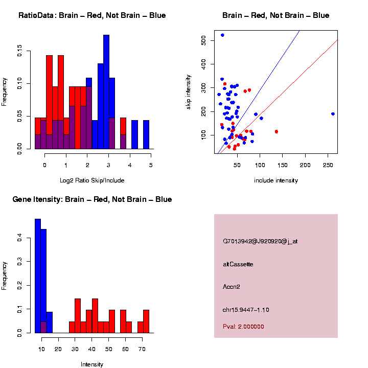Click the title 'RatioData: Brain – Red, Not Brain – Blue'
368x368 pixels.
[x=92, y=15]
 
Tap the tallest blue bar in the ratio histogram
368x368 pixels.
[x=106, y=92]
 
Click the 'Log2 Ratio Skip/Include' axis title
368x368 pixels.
[x=92, y=180]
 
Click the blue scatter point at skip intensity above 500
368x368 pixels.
[x=222, y=35]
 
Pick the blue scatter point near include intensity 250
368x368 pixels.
[x=333, y=114]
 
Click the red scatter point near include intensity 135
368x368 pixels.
[x=277, y=131]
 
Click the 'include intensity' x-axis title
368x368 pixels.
[x=276, y=180]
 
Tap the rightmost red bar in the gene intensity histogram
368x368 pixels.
[x=146, y=321]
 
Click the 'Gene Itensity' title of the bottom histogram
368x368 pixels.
[x=92, y=199]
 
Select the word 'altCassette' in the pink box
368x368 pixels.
[x=238, y=264]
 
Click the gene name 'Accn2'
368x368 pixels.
[x=232, y=287]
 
